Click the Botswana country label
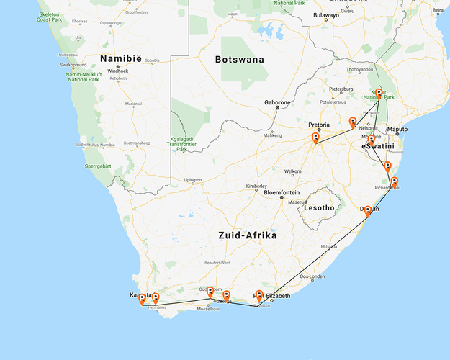[x=240, y=60]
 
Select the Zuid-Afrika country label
[x=248, y=235]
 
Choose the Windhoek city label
[x=117, y=71]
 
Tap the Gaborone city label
[x=277, y=102]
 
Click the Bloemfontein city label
[x=287, y=193]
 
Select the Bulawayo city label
[x=325, y=15]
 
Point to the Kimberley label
[x=256, y=186]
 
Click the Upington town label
[x=193, y=180]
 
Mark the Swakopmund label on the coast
[x=73, y=65]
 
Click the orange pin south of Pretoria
[x=315, y=138]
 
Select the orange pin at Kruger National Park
[x=379, y=93]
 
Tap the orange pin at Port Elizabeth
[x=259, y=294]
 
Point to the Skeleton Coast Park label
[x=50, y=17]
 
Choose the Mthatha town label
[x=330, y=246]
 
